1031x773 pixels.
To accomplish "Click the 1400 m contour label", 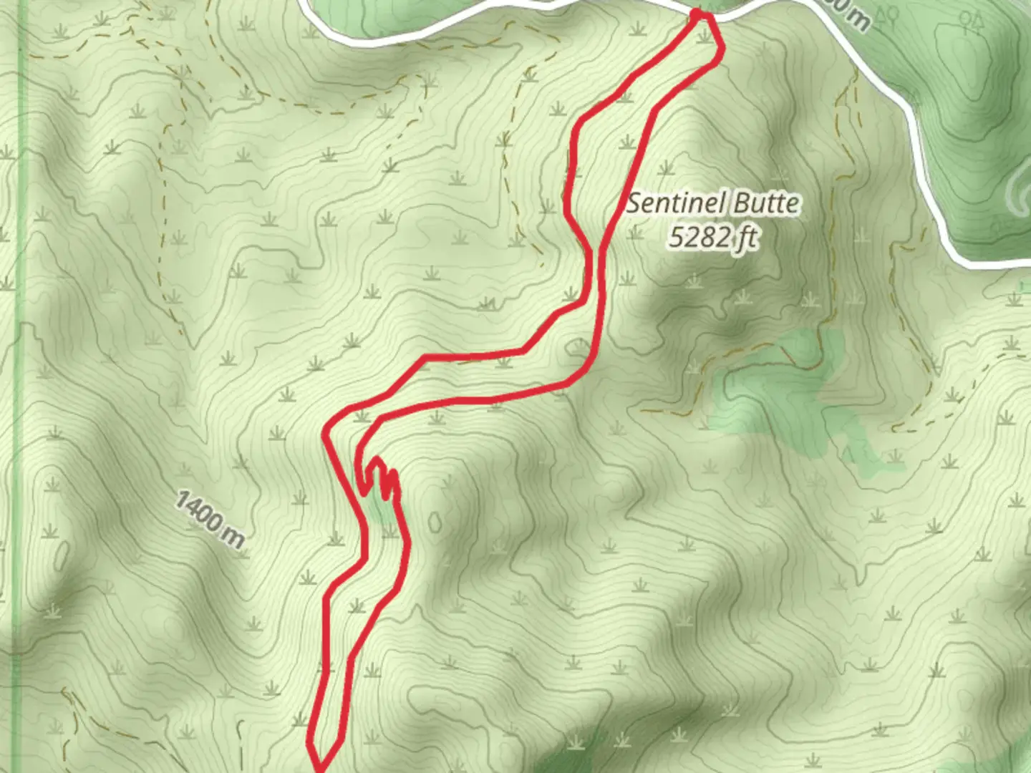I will tap(209, 519).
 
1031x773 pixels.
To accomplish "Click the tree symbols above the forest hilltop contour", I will tap(973, 21).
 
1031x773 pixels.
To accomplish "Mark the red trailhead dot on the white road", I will tap(698, 14).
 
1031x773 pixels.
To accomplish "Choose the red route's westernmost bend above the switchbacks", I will tap(326, 434).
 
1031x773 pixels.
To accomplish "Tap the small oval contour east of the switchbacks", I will tap(435, 522).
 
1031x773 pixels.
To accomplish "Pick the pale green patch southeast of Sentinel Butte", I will tap(802, 386).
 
